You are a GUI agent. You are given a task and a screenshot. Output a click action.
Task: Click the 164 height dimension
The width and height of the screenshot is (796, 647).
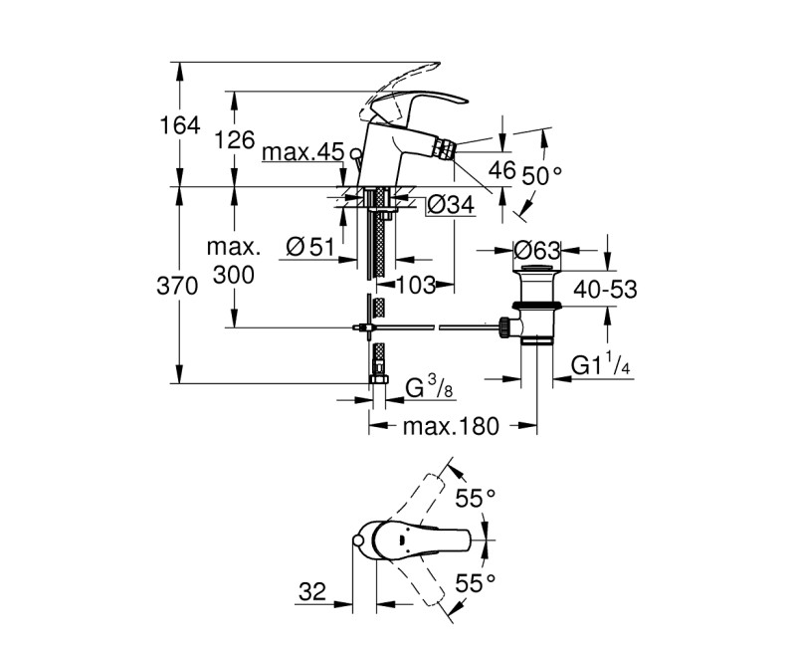(180, 125)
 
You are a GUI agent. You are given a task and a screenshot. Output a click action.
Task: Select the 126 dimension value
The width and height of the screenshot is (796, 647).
(236, 139)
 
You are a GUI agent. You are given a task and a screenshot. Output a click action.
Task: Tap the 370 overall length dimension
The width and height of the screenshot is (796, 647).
(179, 286)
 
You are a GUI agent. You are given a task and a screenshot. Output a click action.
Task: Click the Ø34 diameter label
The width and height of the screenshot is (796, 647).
(451, 206)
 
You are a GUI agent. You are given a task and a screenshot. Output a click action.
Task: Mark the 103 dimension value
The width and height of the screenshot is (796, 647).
(416, 286)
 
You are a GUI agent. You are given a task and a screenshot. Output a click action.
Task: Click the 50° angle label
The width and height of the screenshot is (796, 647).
(543, 175)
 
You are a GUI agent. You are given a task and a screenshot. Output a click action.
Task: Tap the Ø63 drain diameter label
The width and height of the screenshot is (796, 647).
(538, 250)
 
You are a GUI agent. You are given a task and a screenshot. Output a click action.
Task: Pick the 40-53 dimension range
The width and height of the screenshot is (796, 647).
(603, 290)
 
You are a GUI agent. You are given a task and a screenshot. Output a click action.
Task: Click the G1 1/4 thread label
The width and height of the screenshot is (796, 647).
(602, 366)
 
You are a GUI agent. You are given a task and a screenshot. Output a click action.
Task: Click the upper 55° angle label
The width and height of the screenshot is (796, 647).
(476, 499)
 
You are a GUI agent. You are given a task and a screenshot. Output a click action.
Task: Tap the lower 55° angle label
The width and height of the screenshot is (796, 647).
(476, 582)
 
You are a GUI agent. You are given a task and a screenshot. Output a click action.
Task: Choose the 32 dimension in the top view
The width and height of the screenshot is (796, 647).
(311, 592)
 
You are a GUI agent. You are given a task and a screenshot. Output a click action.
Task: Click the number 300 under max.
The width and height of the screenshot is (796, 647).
(234, 275)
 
